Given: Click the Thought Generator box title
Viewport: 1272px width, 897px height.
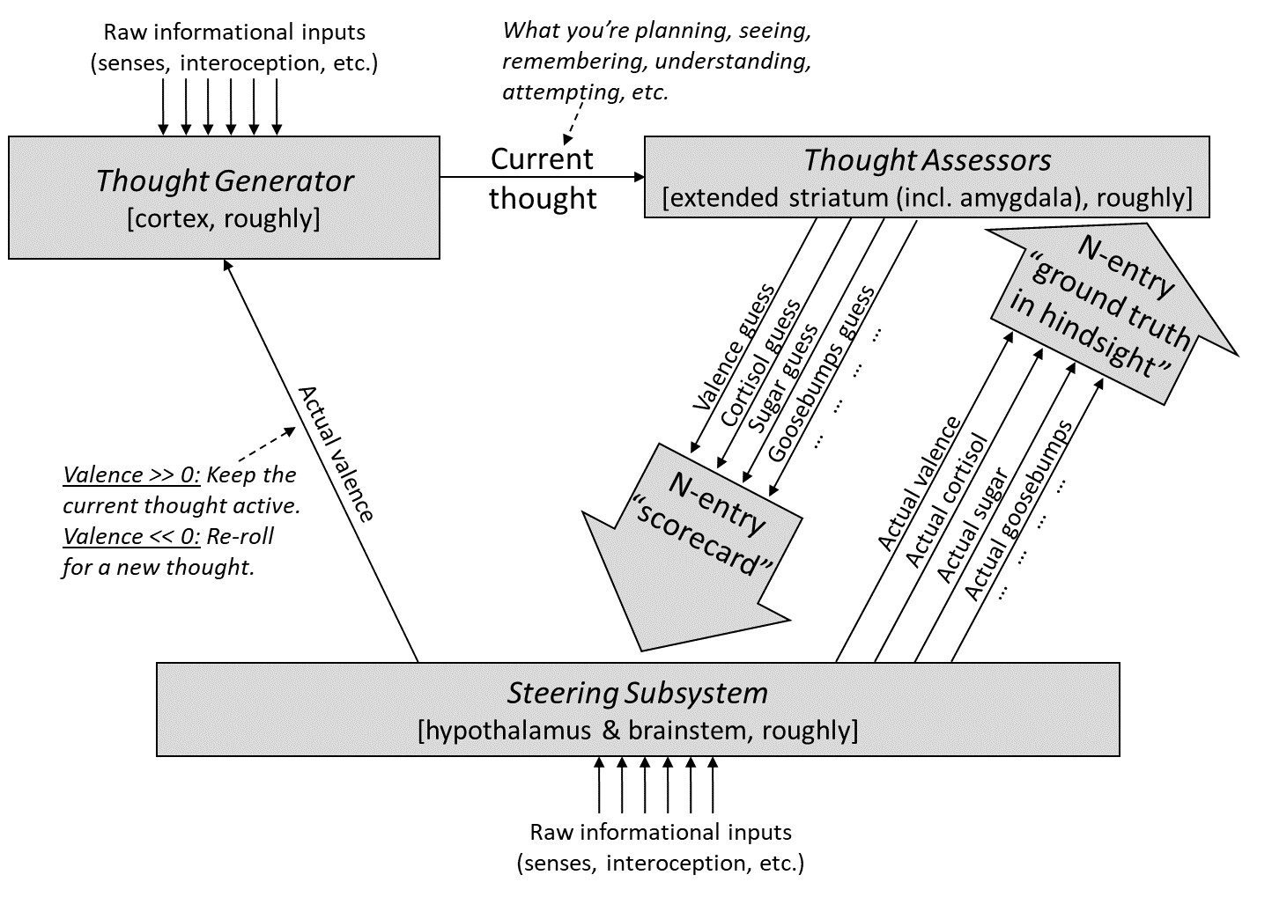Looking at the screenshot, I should [x=224, y=180].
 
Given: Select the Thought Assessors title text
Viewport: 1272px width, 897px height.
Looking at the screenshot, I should [x=927, y=160].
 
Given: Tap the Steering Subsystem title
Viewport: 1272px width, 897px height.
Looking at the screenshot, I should [x=637, y=693].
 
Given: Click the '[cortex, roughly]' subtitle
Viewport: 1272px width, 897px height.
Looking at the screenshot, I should [x=224, y=217].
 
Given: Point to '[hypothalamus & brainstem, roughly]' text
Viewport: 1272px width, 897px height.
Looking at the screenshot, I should [x=637, y=730].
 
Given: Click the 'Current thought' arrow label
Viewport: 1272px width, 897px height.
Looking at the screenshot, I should [x=543, y=179].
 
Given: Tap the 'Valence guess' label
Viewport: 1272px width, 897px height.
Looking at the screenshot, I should [x=733, y=349].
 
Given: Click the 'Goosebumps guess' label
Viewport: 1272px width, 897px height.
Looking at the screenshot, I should [x=821, y=373].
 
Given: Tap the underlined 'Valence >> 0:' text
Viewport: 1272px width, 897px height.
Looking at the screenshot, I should [x=132, y=475].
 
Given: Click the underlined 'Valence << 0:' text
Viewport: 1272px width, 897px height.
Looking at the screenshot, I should [x=132, y=536].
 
